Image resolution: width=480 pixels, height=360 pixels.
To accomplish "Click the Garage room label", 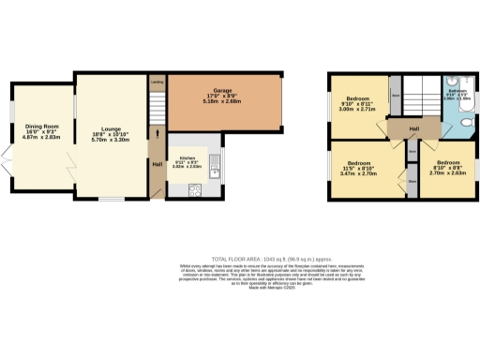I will click(x=222, y=91).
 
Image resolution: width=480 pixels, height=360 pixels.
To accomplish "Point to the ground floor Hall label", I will click(x=157, y=165).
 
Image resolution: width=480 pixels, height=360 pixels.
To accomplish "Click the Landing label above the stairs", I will click(x=157, y=82).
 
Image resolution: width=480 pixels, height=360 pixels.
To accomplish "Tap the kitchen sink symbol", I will click(x=214, y=167).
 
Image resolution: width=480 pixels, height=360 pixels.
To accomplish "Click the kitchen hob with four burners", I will click(x=196, y=191).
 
